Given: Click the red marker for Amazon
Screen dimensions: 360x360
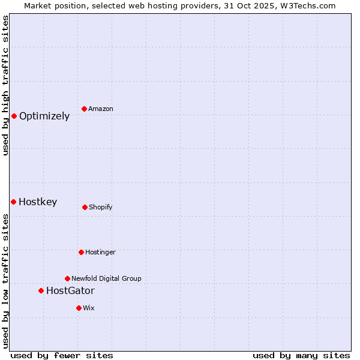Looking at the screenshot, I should [84, 109].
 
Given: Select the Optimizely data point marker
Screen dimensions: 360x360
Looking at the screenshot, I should [14, 116].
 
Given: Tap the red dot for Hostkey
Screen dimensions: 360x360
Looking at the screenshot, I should [13, 202].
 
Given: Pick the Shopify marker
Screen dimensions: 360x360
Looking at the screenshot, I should [85, 207].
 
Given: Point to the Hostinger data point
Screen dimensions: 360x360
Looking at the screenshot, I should [81, 252].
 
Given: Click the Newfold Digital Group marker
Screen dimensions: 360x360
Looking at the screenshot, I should [67, 278].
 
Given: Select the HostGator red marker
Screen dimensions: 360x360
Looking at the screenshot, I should [41, 290].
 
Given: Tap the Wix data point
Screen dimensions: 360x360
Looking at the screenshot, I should [79, 308].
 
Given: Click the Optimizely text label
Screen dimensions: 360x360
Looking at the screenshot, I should [44, 116].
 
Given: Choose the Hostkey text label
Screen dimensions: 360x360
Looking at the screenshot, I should [38, 202].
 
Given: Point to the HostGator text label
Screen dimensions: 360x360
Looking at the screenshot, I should [70, 291].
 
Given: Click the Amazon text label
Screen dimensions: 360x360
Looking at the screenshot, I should [101, 109].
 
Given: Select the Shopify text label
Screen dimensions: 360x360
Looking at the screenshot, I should [101, 208].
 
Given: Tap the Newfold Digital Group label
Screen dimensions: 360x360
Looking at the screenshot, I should [107, 278].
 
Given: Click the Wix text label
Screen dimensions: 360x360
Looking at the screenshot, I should [89, 308].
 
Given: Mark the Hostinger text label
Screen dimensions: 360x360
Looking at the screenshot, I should [100, 253].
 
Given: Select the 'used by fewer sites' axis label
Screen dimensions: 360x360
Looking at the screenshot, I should [62, 355].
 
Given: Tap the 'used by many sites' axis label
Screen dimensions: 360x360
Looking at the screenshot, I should [301, 355].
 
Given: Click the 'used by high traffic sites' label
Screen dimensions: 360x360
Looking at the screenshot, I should [5, 85].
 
